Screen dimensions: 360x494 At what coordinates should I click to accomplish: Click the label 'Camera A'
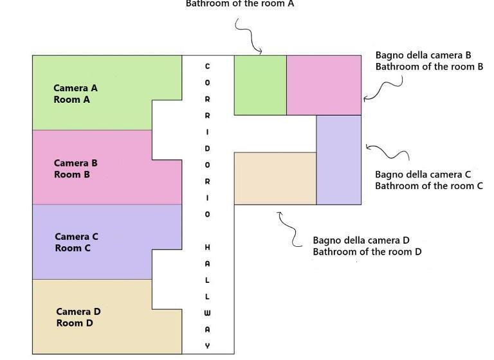[x=75, y=88]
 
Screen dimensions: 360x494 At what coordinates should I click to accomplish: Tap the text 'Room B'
[x=67, y=174]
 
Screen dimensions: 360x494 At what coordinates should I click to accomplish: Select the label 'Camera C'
[x=77, y=237]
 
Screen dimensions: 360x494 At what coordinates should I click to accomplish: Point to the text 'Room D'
[x=75, y=323]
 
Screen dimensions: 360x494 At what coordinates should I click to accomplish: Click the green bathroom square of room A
[x=260, y=85]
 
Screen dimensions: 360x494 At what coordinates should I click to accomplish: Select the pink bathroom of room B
[x=324, y=85]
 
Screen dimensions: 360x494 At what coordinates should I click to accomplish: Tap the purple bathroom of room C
[x=339, y=159]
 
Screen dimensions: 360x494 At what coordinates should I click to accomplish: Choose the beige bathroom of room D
[x=275, y=178]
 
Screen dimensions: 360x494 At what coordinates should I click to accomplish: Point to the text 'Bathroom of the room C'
[x=428, y=186]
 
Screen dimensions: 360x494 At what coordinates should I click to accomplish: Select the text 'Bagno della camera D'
[x=361, y=240]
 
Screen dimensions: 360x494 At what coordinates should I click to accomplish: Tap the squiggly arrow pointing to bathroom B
[x=385, y=89]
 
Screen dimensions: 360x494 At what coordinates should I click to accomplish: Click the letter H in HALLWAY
[x=207, y=248]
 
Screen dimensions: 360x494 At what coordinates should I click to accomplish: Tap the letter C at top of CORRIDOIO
[x=207, y=66]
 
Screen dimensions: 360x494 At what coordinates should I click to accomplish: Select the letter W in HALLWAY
[x=207, y=313]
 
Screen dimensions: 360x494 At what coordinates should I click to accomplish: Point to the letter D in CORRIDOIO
[x=207, y=148]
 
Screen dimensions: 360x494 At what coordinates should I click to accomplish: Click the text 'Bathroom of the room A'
[x=239, y=4]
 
